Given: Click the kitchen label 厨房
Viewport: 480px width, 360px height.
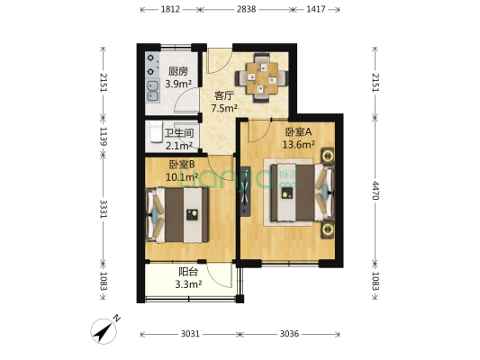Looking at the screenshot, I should click(x=177, y=71).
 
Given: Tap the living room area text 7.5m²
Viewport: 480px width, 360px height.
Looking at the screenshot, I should click(x=223, y=109).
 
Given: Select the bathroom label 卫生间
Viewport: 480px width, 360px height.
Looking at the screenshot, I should click(x=178, y=132).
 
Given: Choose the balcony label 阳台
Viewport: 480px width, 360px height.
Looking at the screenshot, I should click(x=188, y=272).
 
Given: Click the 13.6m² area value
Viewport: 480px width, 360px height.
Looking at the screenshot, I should click(x=297, y=142).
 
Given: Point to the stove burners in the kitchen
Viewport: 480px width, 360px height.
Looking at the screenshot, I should click(x=149, y=61).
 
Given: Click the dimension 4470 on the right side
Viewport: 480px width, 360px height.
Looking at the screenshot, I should click(x=376, y=189).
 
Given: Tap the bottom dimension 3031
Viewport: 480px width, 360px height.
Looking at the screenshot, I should click(x=189, y=334).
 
